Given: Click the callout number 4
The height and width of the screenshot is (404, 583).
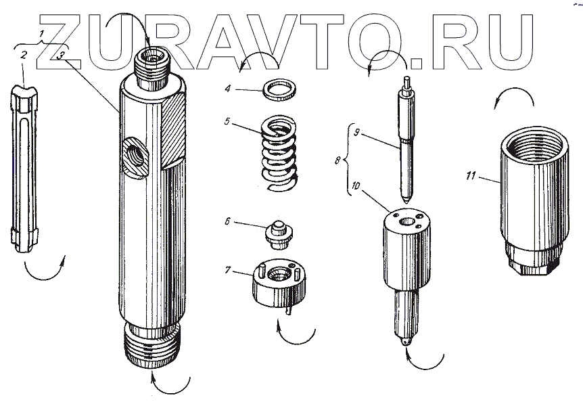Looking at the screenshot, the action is [x=227, y=89].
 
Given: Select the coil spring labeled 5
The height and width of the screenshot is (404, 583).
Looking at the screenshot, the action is [x=279, y=153].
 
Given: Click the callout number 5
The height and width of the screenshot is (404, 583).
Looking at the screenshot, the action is [x=227, y=122].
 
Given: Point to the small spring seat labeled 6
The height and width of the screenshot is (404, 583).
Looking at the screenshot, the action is [x=279, y=235].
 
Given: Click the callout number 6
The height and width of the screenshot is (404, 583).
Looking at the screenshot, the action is [x=227, y=222].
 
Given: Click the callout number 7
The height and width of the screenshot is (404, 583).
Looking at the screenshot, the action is [x=228, y=270].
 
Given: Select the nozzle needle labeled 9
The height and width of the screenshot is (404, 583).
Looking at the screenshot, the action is [x=407, y=140].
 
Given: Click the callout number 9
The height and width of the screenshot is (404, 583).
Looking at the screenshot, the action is [x=356, y=133].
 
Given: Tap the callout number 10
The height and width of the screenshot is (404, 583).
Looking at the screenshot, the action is [x=356, y=185].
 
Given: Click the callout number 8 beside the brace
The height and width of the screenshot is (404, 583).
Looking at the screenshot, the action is [x=337, y=160].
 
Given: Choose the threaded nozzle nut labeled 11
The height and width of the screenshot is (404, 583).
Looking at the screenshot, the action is [x=534, y=202].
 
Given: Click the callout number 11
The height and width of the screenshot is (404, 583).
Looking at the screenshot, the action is [x=471, y=175].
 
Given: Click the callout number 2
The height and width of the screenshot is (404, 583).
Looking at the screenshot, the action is [x=24, y=55].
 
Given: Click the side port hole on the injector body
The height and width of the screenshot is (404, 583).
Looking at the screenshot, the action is [x=135, y=156].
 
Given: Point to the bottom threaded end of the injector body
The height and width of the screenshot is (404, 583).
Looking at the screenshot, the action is [x=151, y=345].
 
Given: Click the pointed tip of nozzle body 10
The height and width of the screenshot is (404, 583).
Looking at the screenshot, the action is [x=406, y=342].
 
